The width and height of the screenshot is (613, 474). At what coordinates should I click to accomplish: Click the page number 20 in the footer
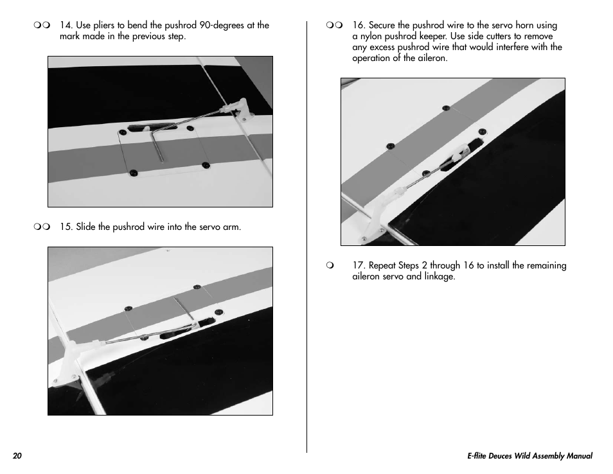17,456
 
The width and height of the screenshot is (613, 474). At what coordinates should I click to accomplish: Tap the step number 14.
66,26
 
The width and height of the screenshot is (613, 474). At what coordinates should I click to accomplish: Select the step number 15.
66,227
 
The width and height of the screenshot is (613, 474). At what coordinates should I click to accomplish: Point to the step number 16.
358,26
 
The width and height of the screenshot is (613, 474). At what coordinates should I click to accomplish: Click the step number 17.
358,265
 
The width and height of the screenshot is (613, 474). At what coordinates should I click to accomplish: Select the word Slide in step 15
85,227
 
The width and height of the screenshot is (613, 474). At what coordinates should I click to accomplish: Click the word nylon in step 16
371,37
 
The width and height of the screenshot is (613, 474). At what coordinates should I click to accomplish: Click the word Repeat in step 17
383,265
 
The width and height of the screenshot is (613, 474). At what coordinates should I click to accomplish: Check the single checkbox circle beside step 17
330,265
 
